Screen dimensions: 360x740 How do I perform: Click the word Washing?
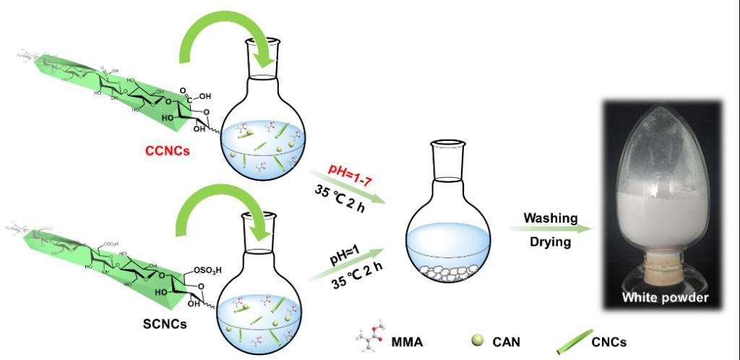(551, 218)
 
